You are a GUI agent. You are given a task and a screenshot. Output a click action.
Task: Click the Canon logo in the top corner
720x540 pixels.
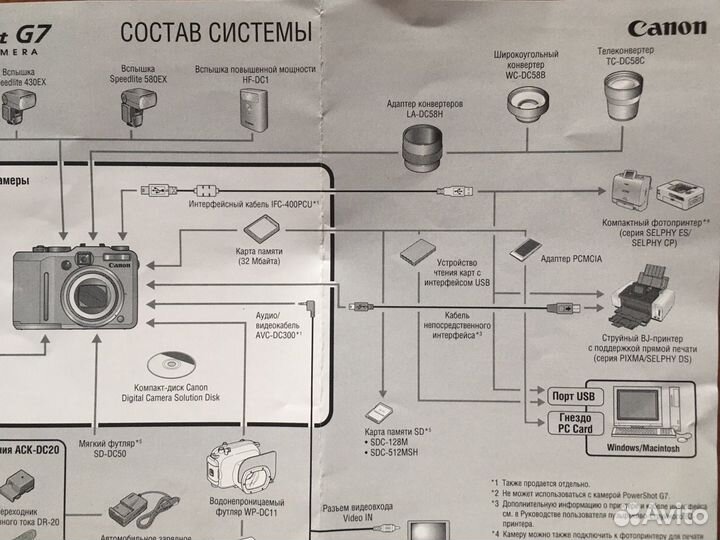coord(667,28)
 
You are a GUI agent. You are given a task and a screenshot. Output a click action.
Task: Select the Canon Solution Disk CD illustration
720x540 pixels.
coord(165,364)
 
